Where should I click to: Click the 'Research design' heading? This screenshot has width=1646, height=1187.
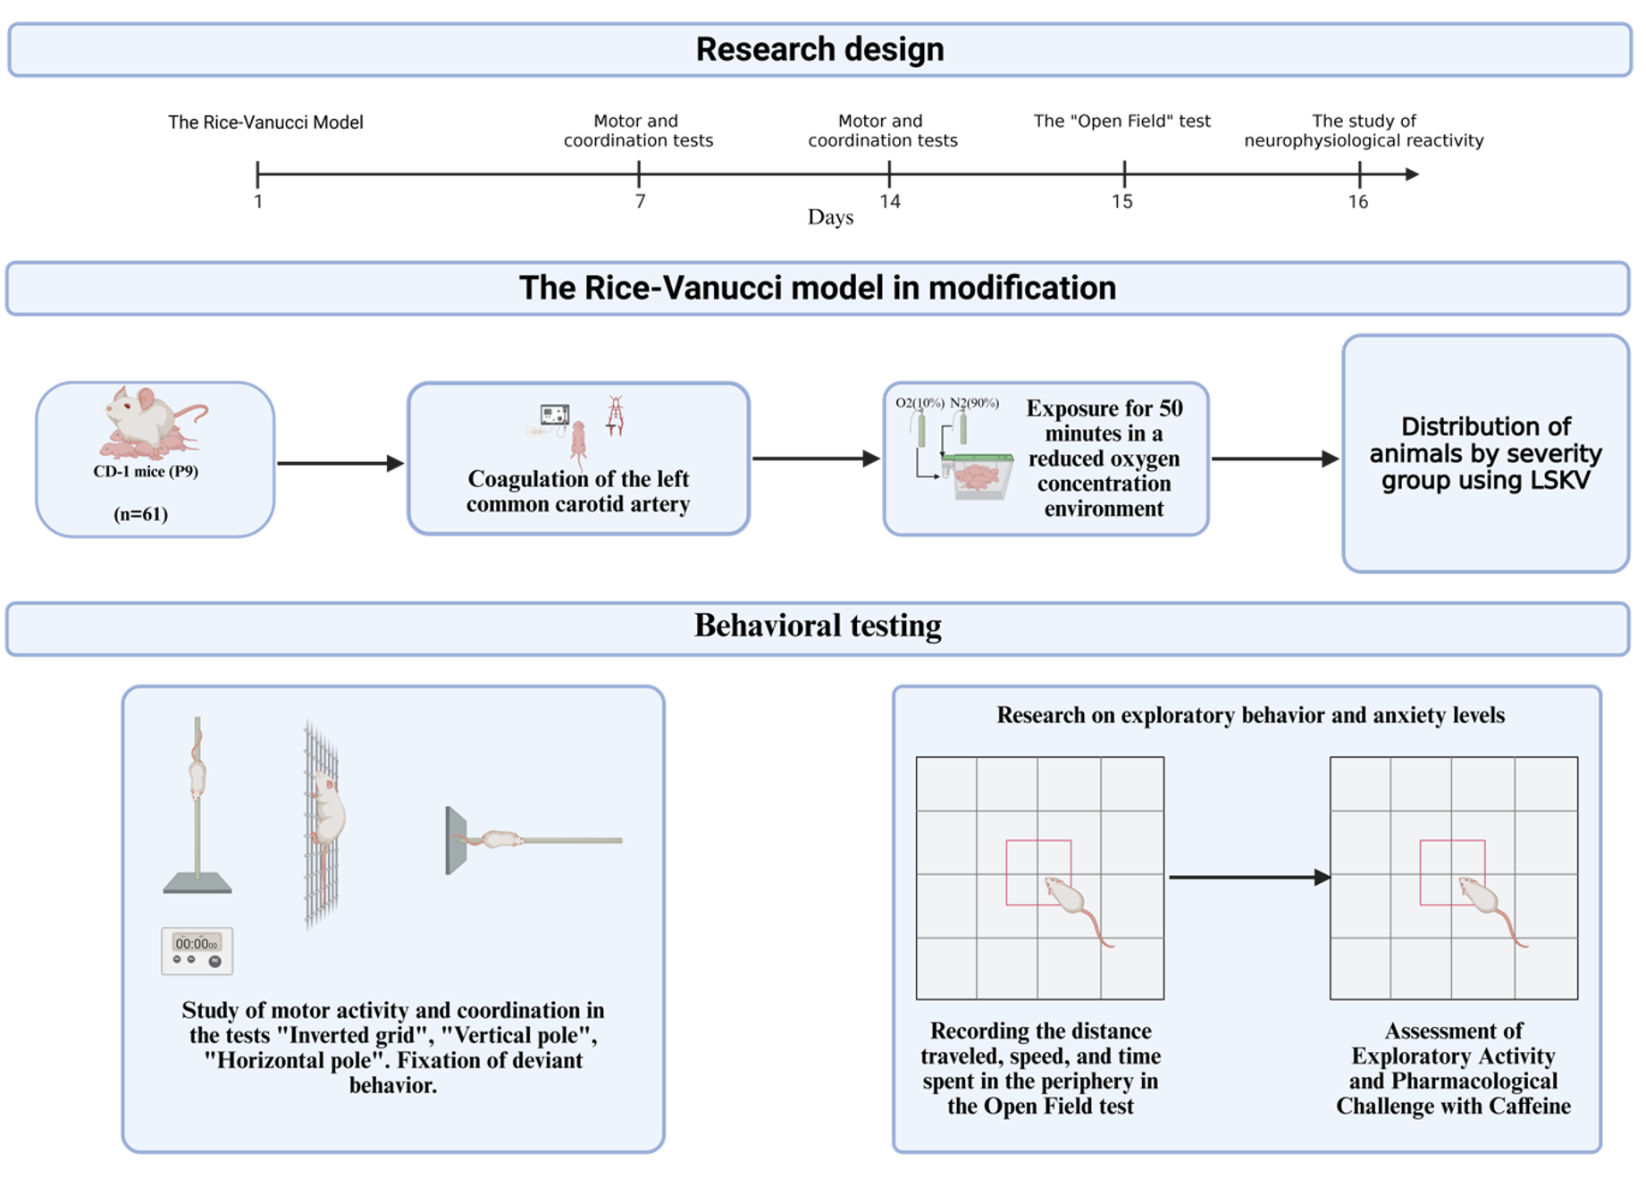point(819,49)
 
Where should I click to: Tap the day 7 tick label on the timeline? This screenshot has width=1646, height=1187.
point(640,202)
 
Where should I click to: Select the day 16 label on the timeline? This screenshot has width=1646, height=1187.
point(1357,202)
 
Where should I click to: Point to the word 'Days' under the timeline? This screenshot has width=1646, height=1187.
point(830,217)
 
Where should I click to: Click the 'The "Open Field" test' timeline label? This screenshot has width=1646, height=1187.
point(1121,121)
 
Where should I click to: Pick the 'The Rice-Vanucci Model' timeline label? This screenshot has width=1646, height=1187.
point(265,122)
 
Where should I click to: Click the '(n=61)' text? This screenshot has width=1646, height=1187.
point(141,514)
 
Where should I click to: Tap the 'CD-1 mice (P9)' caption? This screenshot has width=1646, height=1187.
point(146,471)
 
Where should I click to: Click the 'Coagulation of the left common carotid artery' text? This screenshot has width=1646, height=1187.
point(578,492)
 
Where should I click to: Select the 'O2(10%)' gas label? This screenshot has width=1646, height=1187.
point(920,403)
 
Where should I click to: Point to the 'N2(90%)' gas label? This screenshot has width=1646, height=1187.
point(974,403)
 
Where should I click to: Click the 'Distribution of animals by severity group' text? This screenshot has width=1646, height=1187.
point(1485,453)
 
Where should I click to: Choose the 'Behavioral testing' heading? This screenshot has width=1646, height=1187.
point(818,626)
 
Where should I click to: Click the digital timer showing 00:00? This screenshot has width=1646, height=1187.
point(197,950)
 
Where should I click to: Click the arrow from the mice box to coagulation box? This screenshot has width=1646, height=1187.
point(340,463)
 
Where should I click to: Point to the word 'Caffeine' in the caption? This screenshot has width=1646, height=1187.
point(1529,1107)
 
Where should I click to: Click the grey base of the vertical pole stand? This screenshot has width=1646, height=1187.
point(197,884)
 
